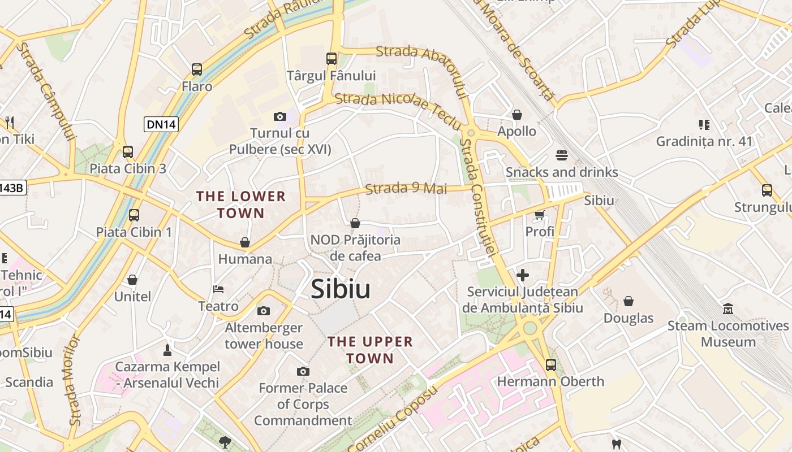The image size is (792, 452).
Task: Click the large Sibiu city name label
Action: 341,289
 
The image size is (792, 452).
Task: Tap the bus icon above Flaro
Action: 197,69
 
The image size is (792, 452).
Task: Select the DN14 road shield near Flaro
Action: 161,124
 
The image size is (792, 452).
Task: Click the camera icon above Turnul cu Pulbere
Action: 280,117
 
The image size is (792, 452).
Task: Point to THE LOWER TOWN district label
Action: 241,205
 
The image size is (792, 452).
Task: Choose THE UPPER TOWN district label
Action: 371,350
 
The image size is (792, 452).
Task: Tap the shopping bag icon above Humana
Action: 245,242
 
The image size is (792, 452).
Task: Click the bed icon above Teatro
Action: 218,289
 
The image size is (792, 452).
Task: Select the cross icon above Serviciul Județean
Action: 523,275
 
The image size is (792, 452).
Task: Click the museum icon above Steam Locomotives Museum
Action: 728,309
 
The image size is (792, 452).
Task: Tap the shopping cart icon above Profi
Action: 539,215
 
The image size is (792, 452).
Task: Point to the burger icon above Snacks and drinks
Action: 562,155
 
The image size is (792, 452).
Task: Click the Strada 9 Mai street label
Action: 406,188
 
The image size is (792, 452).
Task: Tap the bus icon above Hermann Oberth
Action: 550,365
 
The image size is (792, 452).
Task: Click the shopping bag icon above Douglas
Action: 629,301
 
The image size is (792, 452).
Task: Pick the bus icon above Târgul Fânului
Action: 332,59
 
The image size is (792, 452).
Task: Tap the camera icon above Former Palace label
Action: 303,371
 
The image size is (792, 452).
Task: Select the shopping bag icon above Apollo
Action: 517,115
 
